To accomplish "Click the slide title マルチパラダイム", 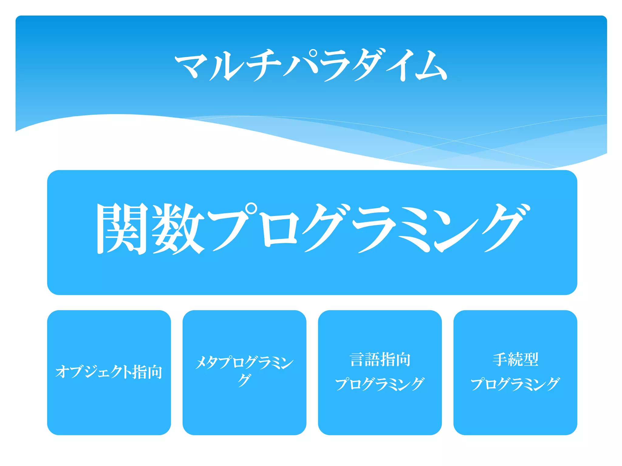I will [x=311, y=65].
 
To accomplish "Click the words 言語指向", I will [x=380, y=360].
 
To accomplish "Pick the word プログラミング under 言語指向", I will [x=380, y=384].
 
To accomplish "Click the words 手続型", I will [x=515, y=360].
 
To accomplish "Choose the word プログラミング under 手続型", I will [x=515, y=384].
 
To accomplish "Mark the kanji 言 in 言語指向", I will [x=357, y=360].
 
